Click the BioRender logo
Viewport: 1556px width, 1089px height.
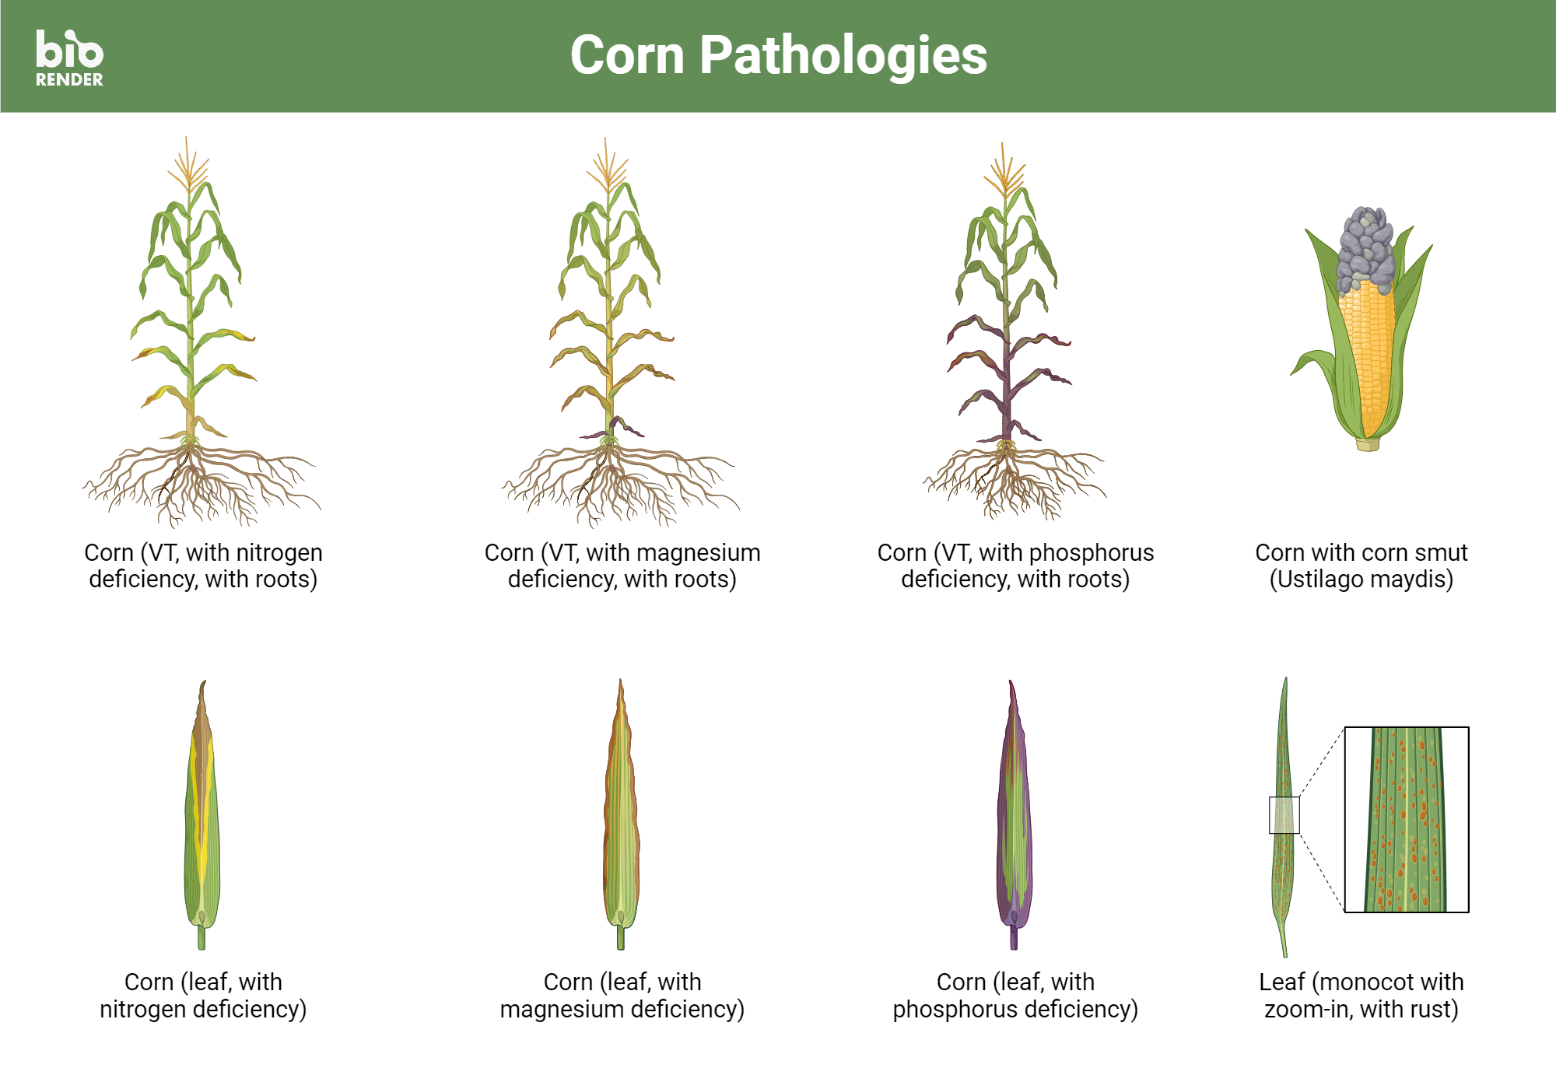pyautogui.click(x=69, y=58)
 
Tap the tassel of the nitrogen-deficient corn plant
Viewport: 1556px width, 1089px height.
pyautogui.click(x=187, y=166)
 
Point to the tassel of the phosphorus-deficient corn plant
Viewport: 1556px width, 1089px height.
pyautogui.click(x=1004, y=171)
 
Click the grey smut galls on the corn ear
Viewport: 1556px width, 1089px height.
pyautogui.click(x=1366, y=246)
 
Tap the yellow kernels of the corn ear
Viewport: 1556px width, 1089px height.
pyautogui.click(x=1367, y=350)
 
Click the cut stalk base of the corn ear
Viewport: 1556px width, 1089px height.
pyautogui.click(x=1368, y=444)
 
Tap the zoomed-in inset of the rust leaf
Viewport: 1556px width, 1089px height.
pyautogui.click(x=1407, y=819)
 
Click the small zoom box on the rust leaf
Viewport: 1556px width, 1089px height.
pyautogui.click(x=1284, y=815)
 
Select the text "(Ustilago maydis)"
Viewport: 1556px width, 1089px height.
pyautogui.click(x=1361, y=580)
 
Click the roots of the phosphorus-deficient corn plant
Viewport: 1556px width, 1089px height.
pyautogui.click(x=1011, y=482)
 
